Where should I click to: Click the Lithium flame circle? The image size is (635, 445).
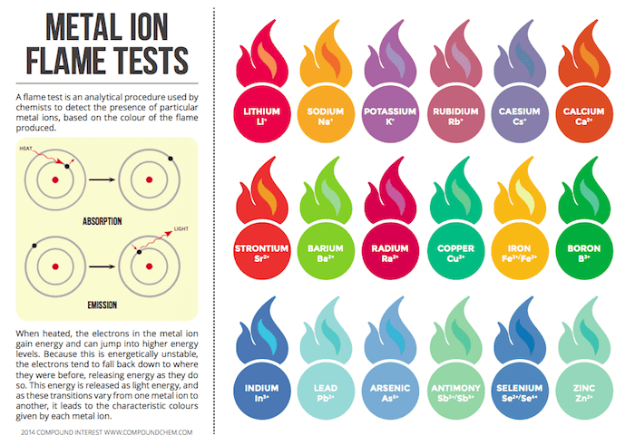coord(262,116)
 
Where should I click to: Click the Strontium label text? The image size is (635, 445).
coord(262,247)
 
